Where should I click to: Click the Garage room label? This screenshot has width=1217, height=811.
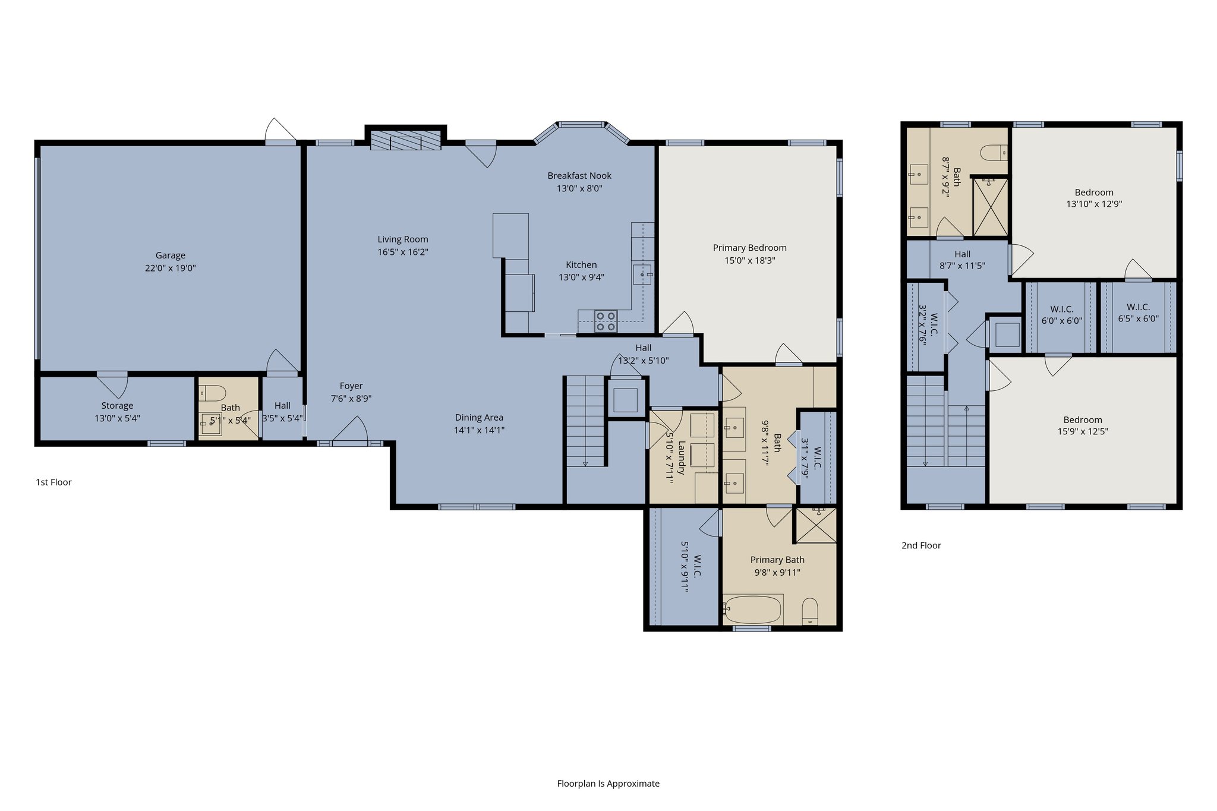point(171,255)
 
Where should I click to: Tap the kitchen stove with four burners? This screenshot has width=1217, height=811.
point(606,321)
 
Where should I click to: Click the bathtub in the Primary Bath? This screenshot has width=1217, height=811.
point(752,609)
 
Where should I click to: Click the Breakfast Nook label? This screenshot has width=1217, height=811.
point(579,176)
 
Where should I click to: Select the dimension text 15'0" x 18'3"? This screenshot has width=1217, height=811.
point(749,260)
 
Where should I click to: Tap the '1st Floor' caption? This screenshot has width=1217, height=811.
point(53,482)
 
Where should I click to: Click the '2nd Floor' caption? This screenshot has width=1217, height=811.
point(921,545)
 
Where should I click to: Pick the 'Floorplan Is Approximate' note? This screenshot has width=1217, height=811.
point(608,783)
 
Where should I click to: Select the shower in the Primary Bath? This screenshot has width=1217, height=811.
point(816,525)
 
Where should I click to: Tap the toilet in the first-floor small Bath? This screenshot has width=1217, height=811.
point(213,393)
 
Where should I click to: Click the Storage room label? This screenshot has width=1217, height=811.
point(117,406)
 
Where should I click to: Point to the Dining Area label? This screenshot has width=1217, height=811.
point(479,418)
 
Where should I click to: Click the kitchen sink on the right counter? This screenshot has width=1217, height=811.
point(642,275)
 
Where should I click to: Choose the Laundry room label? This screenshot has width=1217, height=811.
point(681,457)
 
